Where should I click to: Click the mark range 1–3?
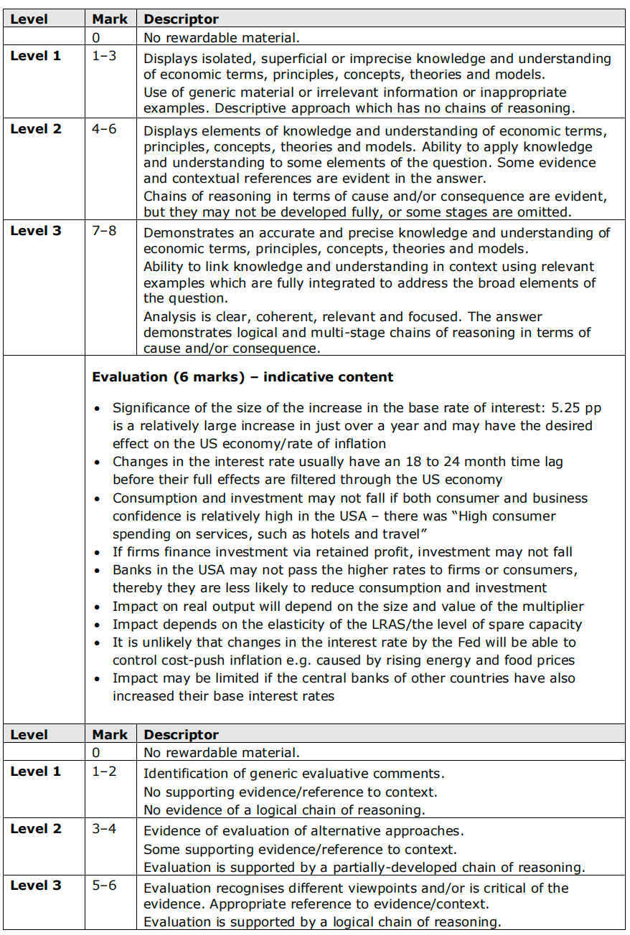point(104,56)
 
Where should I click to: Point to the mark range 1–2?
point(104,772)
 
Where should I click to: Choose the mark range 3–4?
point(104,829)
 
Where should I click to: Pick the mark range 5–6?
point(104,886)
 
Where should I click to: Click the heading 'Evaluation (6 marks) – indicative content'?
point(243,377)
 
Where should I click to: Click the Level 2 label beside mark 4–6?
point(36,129)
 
